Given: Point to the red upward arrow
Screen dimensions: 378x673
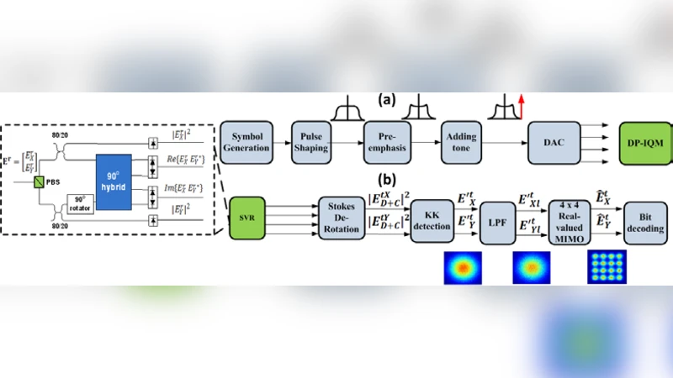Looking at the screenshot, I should coord(521,107).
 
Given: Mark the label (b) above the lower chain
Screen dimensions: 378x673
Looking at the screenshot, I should coord(388,180).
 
